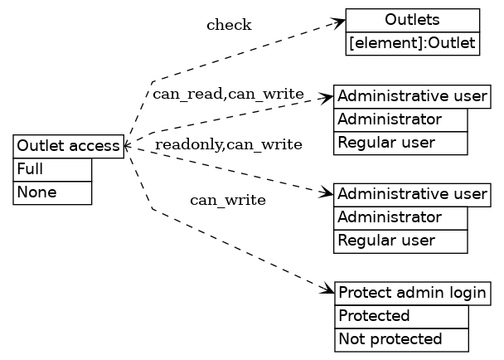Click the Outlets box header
pos(412,20)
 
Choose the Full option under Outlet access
pos(52,169)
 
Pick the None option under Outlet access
pos(52,192)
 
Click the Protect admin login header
pos(412,293)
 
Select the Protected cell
pos(401,316)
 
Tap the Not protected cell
pos(401,339)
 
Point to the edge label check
pos(229,25)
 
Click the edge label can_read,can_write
pos(228,93)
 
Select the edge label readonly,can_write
pos(228,145)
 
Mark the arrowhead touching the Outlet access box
pos(126,146)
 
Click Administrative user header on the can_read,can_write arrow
pos(412,95)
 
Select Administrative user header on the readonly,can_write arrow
pos(412,194)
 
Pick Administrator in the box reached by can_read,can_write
pos(401,119)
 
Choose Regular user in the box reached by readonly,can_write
pos(401,241)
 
